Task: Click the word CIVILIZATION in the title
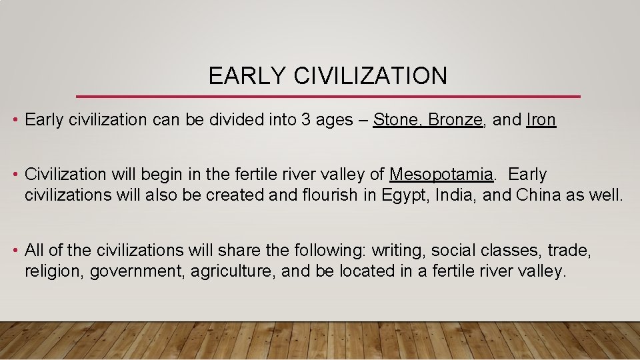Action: [371, 76]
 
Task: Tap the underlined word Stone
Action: [397, 120]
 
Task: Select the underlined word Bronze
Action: [455, 120]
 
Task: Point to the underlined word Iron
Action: [541, 120]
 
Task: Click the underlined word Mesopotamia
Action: [441, 175]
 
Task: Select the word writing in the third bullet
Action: [398, 251]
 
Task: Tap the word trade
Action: [569, 251]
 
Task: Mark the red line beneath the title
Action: [328, 97]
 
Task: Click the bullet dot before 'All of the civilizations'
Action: [15, 251]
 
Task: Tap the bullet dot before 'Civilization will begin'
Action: [15, 175]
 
